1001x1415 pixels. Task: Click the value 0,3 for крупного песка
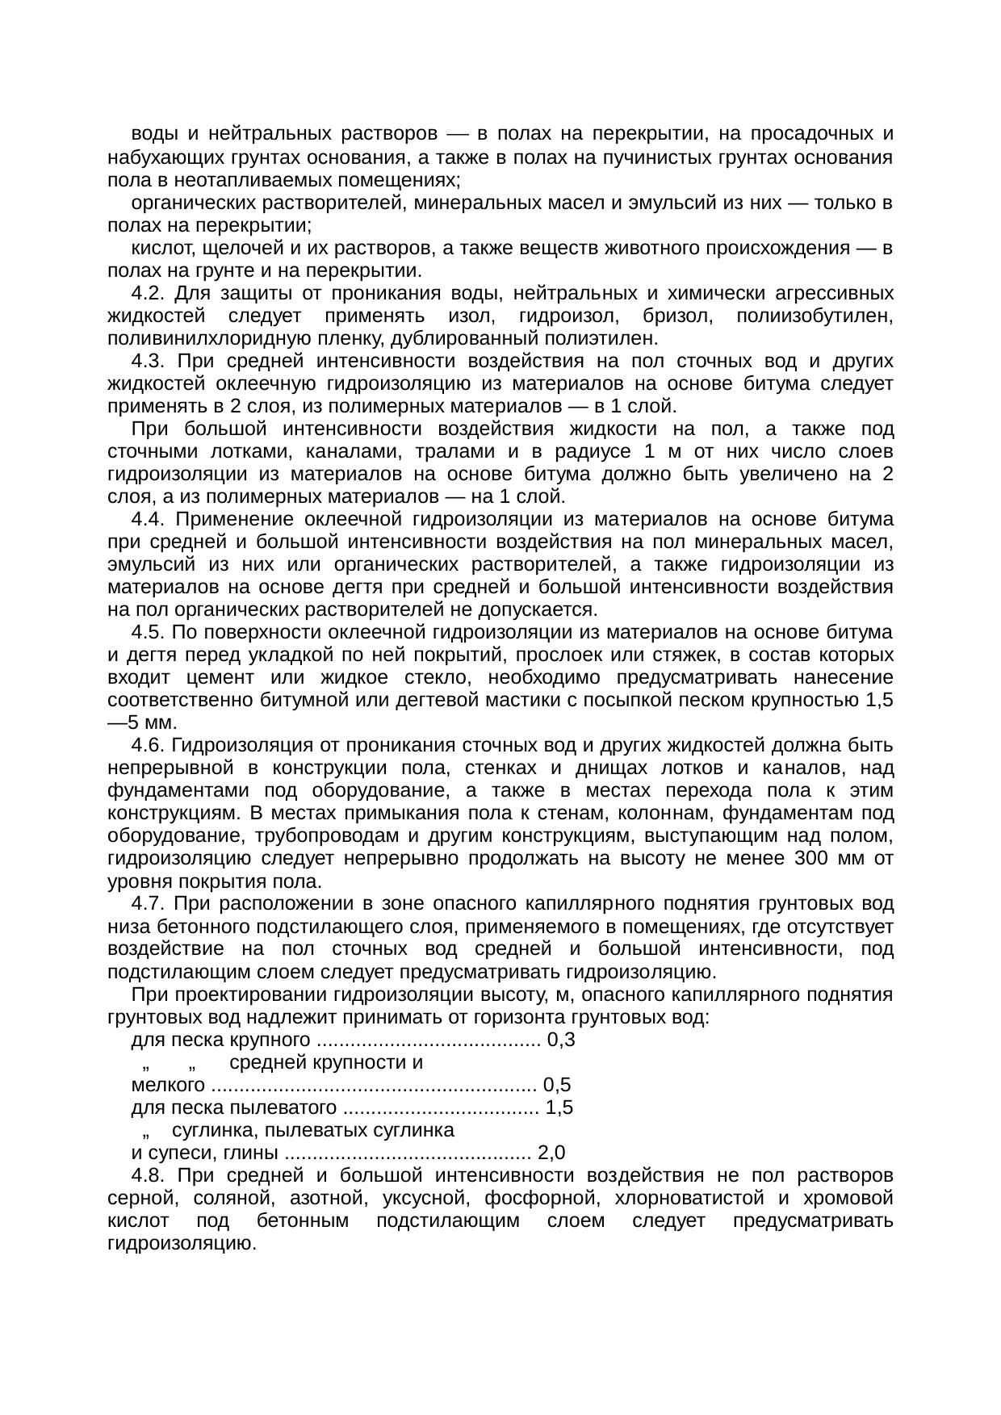coord(561,1040)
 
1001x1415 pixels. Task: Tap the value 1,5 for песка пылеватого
coord(559,1107)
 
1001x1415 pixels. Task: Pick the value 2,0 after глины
coord(551,1152)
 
